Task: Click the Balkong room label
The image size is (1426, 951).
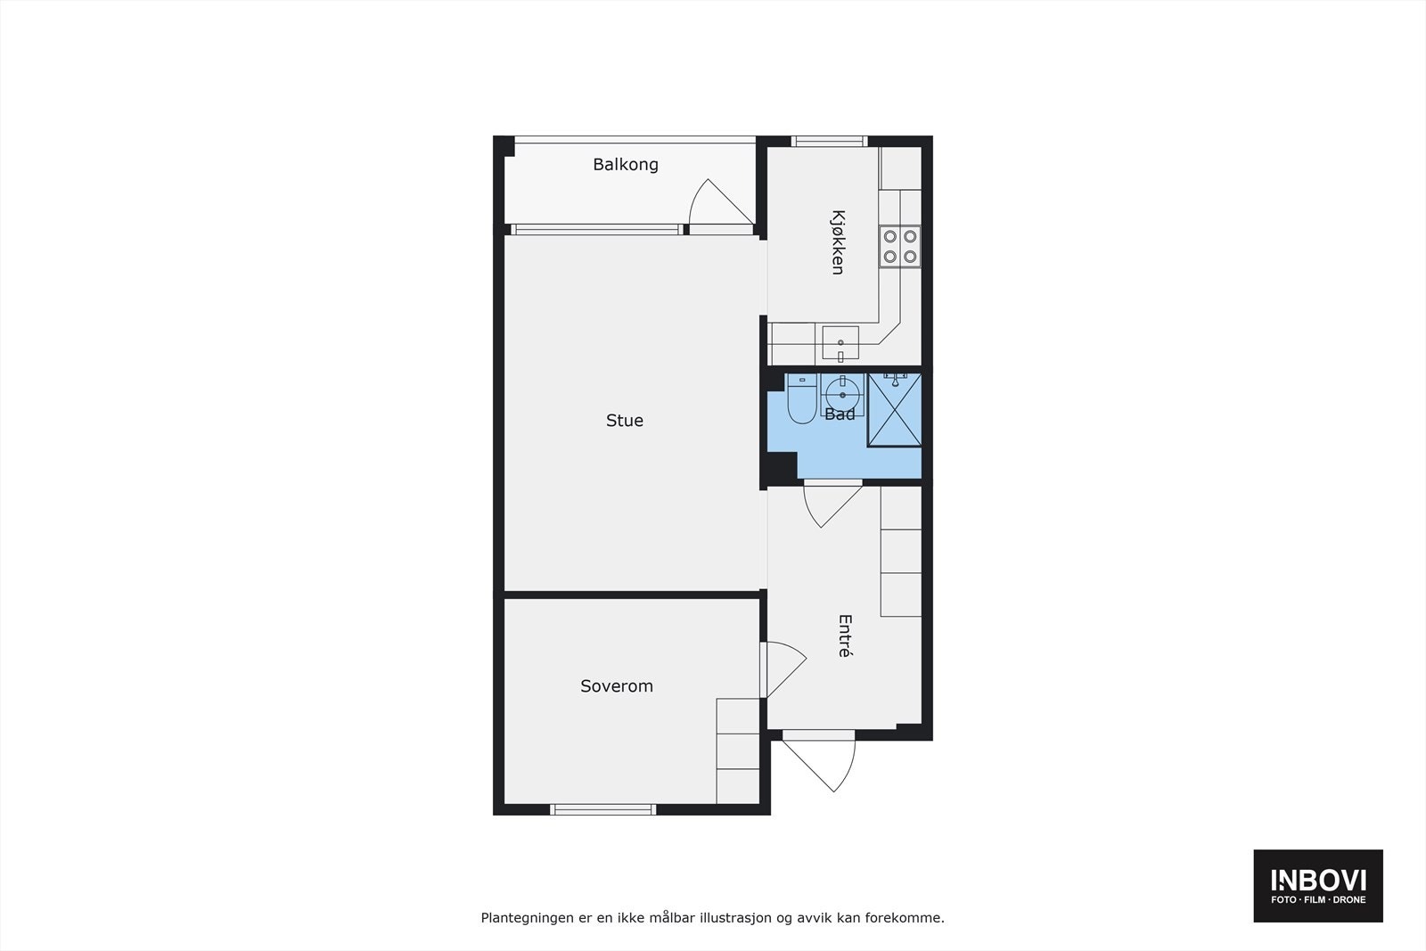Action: (626, 165)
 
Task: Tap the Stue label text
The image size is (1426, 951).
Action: (624, 421)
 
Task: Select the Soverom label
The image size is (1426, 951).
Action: (617, 686)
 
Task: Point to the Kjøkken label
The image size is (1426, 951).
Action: (838, 242)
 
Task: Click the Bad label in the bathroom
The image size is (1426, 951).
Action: (840, 414)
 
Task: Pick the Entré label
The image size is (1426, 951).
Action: (845, 635)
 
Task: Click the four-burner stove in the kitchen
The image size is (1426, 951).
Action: (899, 247)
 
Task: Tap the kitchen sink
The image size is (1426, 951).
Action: (840, 342)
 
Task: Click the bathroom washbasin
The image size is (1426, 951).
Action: (841, 393)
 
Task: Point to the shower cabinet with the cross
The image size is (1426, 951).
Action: (894, 410)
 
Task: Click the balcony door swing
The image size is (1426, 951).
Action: (717, 203)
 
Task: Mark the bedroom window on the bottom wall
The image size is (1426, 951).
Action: (603, 809)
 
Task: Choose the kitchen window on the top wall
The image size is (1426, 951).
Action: (830, 141)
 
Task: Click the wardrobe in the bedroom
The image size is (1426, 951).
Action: (738, 750)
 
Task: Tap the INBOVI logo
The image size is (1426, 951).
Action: (1318, 885)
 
